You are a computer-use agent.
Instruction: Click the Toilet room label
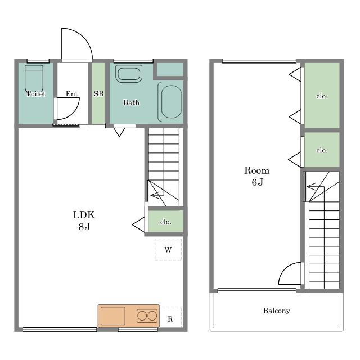[36, 94]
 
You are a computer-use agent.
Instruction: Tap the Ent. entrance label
[73, 94]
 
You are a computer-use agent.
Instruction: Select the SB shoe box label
[99, 94]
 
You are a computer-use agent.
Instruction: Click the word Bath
[131, 102]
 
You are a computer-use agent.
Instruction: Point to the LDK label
[84, 215]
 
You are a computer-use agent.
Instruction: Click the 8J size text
[84, 227]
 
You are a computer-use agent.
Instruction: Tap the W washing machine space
[168, 249]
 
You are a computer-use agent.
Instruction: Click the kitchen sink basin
[113, 316]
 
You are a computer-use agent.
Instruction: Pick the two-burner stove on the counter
[147, 316]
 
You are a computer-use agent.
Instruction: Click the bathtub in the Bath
[170, 102]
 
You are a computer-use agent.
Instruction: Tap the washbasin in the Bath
[129, 74]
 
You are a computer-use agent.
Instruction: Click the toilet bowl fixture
[34, 79]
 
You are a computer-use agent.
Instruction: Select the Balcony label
[276, 310]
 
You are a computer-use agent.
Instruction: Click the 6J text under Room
[257, 182]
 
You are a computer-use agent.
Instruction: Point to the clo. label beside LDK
[166, 222]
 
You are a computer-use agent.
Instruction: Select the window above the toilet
[38, 61]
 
